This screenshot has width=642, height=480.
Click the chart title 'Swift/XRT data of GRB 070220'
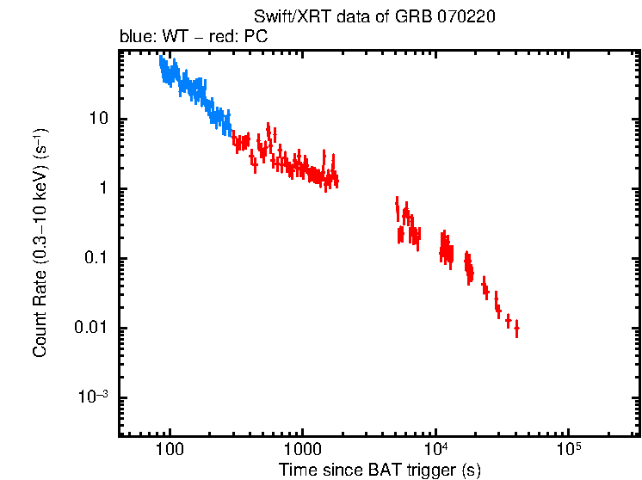(374, 17)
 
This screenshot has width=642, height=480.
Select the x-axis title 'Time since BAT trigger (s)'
(380, 470)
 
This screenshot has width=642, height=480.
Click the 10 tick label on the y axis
(103, 120)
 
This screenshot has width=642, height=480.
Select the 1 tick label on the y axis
(108, 189)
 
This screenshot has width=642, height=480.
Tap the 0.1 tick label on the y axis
(102, 259)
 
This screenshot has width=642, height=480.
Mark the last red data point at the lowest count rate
(516, 329)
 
